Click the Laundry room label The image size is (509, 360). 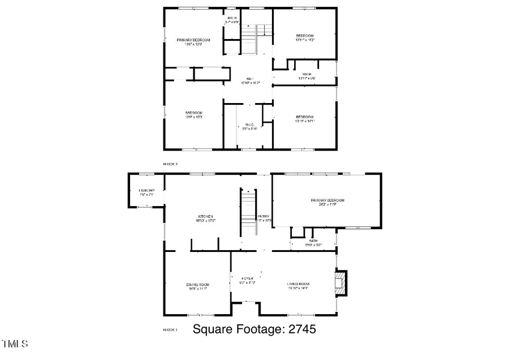click(x=147, y=191)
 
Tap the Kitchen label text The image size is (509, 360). click(x=205, y=216)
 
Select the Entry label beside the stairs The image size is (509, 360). click(x=264, y=216)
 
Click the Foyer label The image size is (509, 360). click(x=247, y=278)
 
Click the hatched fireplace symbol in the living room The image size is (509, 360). click(x=340, y=283)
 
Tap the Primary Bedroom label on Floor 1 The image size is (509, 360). click(x=327, y=200)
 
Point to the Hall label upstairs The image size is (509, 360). click(x=249, y=79)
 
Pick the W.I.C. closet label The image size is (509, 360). click(x=249, y=125)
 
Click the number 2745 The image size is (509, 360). click(x=301, y=329)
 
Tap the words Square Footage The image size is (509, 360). click(x=239, y=329)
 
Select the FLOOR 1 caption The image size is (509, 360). click(x=170, y=329)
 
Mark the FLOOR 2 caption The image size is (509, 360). click(x=170, y=164)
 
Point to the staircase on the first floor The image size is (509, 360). click(x=247, y=212)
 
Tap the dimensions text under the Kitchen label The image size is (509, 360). click(x=206, y=221)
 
